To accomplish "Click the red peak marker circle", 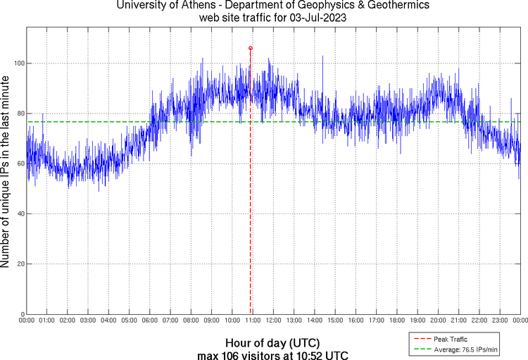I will point(251,48).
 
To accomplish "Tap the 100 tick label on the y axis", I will point(19,63).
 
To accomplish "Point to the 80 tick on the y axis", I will point(20,113).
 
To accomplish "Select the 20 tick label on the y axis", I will point(20,264).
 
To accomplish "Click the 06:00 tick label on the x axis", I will point(150,321).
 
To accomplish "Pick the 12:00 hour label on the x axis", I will point(273,321).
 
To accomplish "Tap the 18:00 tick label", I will point(397,321).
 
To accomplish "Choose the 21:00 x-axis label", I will point(458,321).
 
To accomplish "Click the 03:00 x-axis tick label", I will point(88,321).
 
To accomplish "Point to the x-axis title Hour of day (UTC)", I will point(272,342).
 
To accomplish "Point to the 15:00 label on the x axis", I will point(335,321).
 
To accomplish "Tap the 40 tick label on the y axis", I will point(20,214).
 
